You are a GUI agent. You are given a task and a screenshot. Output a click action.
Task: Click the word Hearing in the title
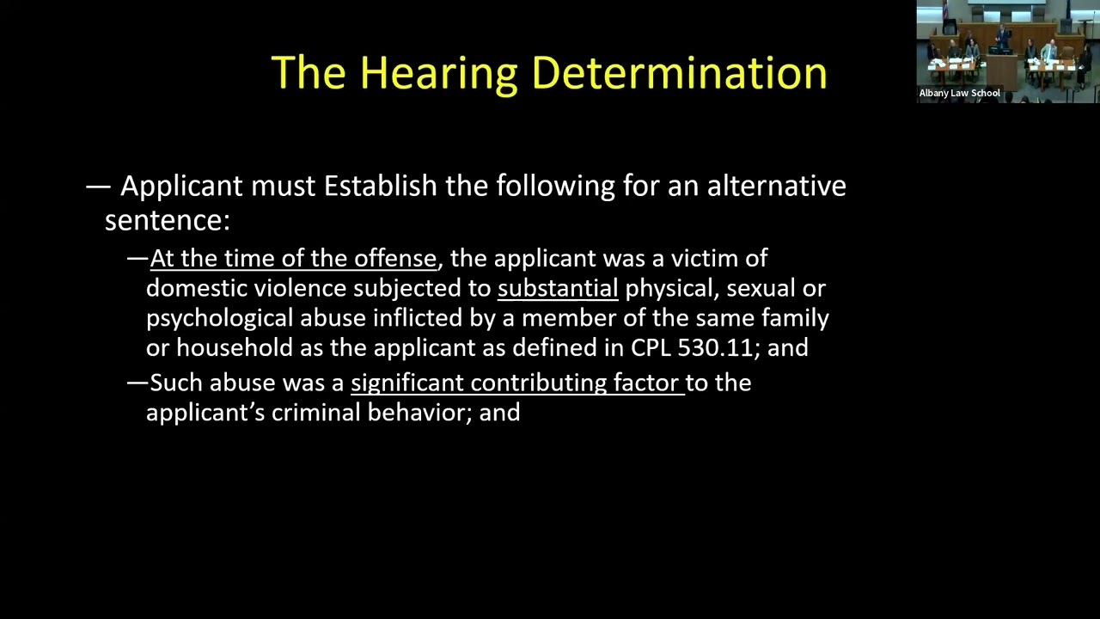click(438, 73)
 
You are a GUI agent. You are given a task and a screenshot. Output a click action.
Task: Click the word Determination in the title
click(680, 73)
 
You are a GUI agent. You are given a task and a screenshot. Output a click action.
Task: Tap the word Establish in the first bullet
click(380, 186)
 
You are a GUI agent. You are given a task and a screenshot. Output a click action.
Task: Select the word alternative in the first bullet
click(776, 186)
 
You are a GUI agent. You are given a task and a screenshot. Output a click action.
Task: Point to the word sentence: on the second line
click(168, 220)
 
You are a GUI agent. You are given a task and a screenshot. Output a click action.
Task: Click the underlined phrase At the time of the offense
click(293, 259)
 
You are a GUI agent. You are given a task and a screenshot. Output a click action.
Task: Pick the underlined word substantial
click(558, 288)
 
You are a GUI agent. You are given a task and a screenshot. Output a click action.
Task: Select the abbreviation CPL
click(651, 347)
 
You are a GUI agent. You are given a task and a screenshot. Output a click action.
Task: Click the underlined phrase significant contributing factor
click(516, 383)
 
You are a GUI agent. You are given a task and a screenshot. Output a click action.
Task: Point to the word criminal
click(316, 413)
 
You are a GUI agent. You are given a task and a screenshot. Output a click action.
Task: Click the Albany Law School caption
click(959, 93)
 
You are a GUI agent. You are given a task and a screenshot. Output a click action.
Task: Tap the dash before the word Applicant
click(98, 186)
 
